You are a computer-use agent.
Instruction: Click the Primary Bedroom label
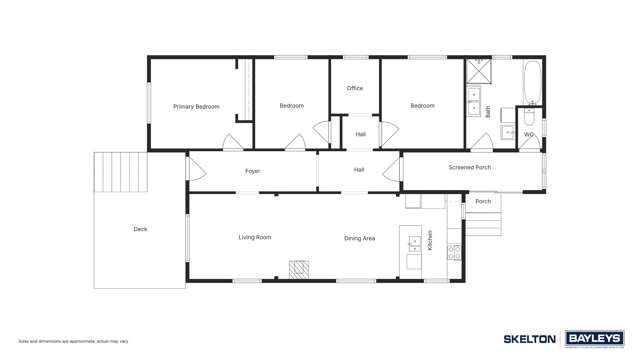click(196, 106)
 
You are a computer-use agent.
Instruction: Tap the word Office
click(355, 88)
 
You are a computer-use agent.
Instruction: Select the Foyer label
click(253, 171)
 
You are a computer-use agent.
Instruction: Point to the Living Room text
click(255, 237)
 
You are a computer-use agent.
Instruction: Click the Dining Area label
click(359, 238)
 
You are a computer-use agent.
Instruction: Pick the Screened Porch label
click(469, 167)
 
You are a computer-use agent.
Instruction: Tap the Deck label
click(140, 229)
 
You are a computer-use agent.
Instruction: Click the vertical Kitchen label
click(431, 240)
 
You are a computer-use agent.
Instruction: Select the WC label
click(529, 134)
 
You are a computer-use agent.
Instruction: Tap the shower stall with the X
click(478, 71)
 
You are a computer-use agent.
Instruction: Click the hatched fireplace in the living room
click(299, 269)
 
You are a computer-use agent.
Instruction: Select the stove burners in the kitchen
click(454, 251)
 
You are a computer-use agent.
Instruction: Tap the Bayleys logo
click(595, 338)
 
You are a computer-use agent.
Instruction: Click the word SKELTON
click(529, 339)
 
